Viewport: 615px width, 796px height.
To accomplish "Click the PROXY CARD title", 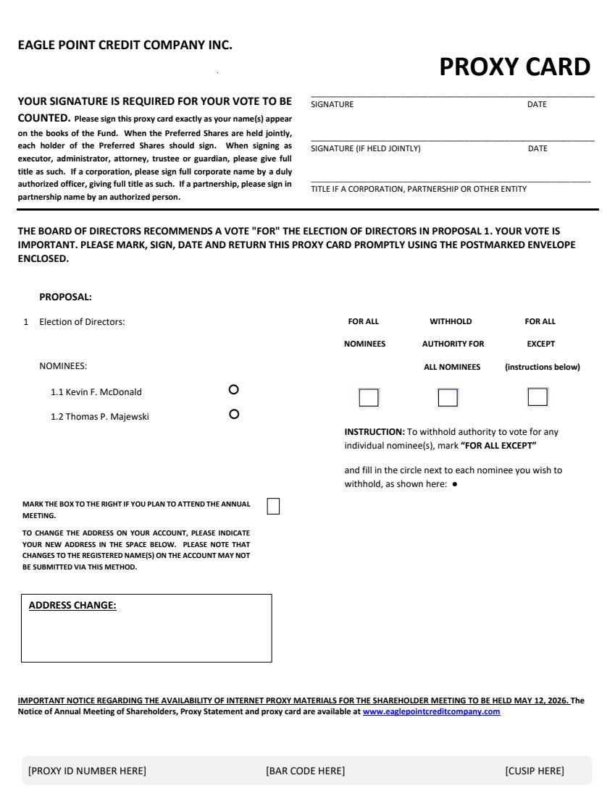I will coord(514,67).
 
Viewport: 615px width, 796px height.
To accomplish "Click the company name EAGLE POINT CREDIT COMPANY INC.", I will coord(125,45).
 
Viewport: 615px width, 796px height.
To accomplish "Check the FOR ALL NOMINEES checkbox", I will coord(369,397).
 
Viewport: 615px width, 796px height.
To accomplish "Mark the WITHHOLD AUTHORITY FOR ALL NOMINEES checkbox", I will coord(448,397).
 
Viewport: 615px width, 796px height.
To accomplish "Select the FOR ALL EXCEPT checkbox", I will coord(537,397).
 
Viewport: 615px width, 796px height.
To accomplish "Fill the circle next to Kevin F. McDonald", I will coord(233,389).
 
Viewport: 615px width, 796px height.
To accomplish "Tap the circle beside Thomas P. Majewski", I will coord(233,415).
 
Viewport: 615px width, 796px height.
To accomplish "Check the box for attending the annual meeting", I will coord(273,506).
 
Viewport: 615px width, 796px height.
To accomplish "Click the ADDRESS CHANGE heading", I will coord(72,606).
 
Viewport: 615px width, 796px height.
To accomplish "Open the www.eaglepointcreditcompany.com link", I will coord(431,712).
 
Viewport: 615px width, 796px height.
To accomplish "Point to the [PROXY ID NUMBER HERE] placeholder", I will coord(87,771).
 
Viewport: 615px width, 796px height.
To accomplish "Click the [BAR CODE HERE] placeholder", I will coord(305,771).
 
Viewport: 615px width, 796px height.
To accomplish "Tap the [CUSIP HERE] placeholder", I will coord(534,771).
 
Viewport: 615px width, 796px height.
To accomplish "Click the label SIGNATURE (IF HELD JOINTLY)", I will coord(365,149).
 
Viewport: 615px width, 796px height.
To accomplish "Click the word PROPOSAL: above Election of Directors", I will coord(65,297).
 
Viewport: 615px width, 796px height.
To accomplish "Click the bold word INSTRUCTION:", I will coord(374,432).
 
